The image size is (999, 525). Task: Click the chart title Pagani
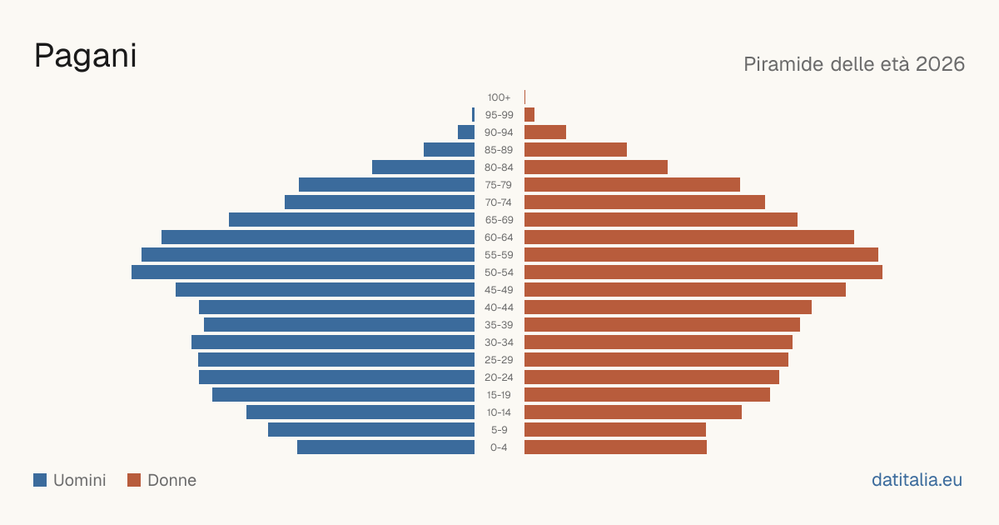tap(85, 57)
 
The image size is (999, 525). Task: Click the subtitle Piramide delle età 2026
tap(854, 64)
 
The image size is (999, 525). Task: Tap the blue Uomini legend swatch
tap(40, 480)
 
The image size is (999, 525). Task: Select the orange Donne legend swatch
tap(134, 480)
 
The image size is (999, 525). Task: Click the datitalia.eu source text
tap(917, 480)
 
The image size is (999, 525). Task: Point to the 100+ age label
tap(499, 97)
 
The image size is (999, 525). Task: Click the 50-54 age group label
tap(499, 272)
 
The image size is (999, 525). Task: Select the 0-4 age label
tap(499, 447)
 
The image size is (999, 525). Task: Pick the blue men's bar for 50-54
tap(303, 272)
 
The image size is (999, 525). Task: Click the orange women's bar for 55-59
tap(701, 255)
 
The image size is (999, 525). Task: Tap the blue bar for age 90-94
tap(466, 132)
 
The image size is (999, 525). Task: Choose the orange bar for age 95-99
tap(529, 115)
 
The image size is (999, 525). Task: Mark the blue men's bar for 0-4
tap(385, 447)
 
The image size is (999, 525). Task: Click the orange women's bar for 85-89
tap(575, 149)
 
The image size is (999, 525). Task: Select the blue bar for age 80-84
tap(423, 167)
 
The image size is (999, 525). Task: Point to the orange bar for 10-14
tap(633, 412)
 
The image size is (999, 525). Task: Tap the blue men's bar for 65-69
tap(352, 220)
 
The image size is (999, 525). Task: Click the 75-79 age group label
tap(499, 185)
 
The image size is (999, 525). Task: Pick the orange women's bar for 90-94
tap(545, 132)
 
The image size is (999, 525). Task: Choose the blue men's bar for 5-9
tap(371, 429)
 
